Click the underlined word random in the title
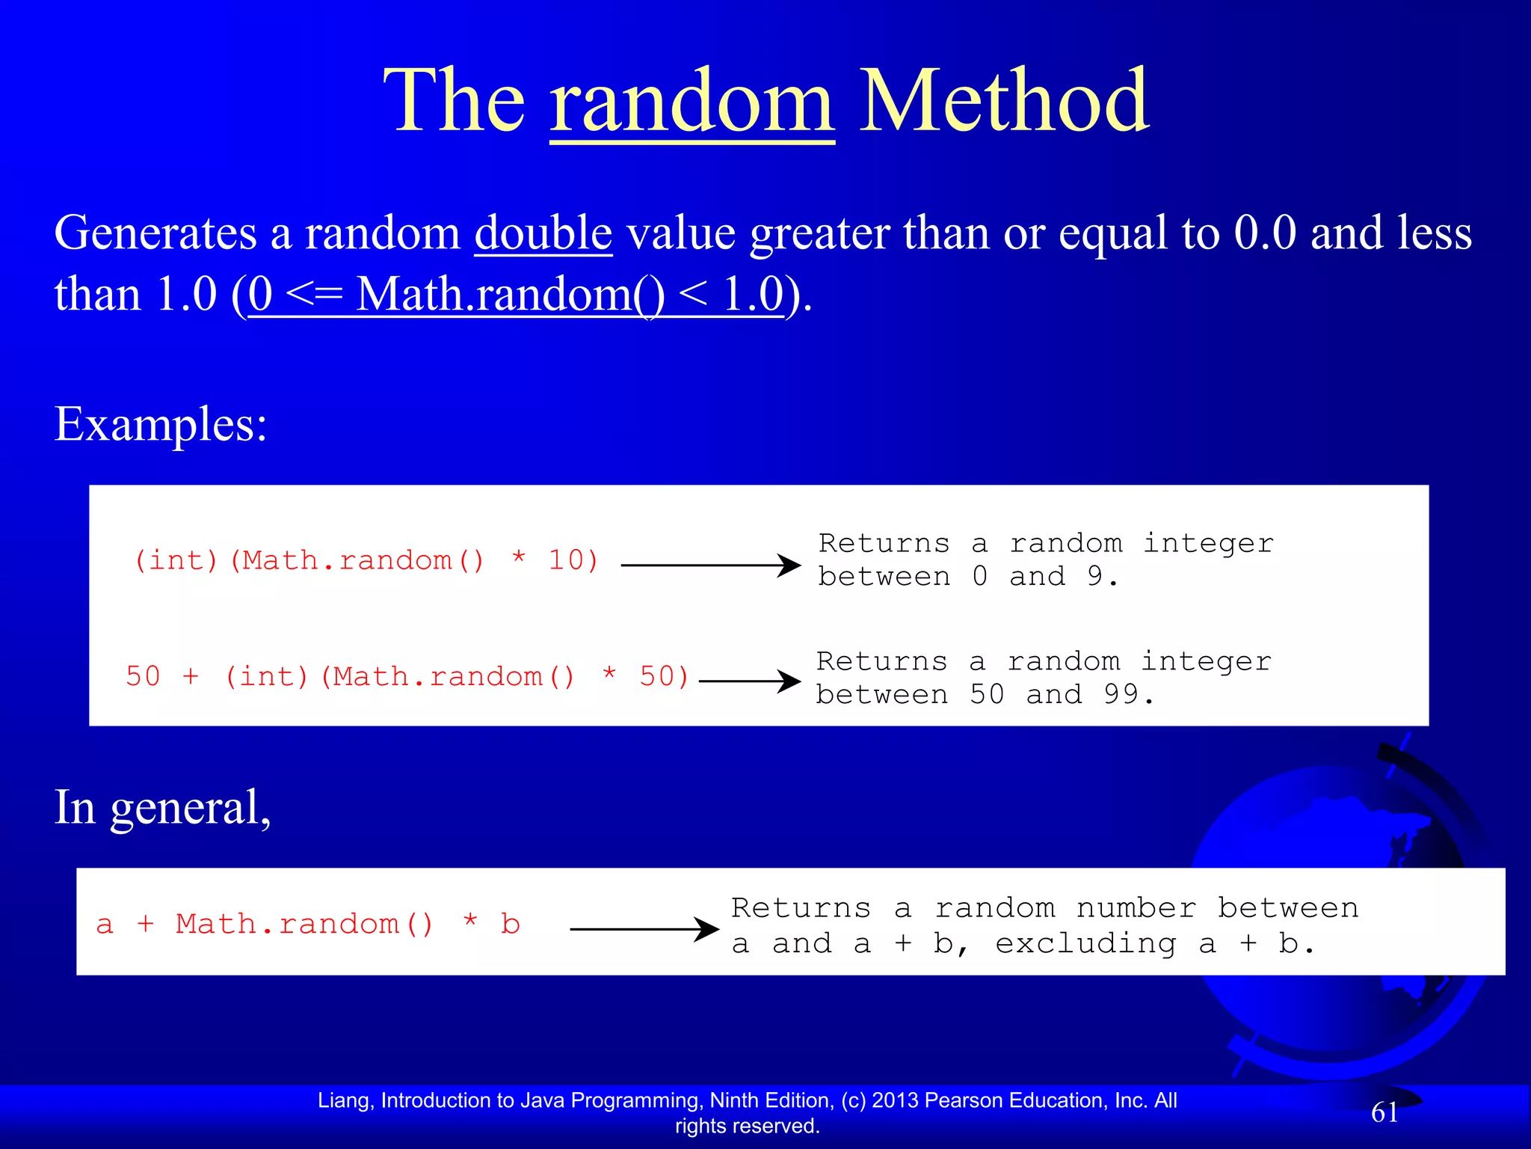[691, 103]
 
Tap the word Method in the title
[1004, 102]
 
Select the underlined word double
[543, 233]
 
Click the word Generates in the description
[155, 233]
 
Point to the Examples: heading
[161, 425]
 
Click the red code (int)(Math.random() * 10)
[366, 561]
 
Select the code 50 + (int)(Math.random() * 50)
[407, 677]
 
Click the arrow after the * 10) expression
[710, 566]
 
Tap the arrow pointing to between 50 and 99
[749, 681]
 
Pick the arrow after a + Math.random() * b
[644, 929]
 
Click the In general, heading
[162, 808]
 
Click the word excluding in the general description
[1085, 944]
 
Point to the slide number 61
[1384, 1113]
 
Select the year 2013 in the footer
[896, 1100]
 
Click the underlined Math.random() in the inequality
[510, 295]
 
